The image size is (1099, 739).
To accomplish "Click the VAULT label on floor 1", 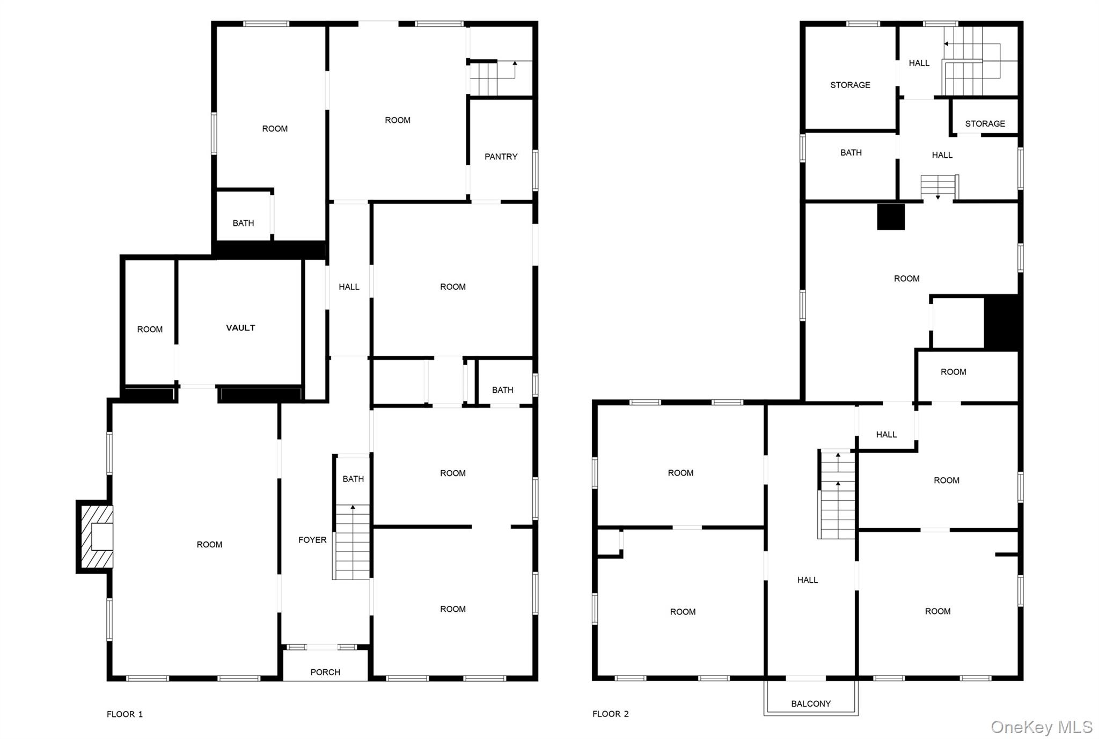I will click(240, 328).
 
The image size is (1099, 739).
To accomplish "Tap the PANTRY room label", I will click(501, 157).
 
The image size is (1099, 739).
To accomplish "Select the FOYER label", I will click(312, 540).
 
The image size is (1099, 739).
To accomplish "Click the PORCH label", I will click(325, 672).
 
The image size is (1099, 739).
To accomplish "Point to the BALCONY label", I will click(811, 704).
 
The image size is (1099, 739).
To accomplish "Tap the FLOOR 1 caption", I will click(124, 714).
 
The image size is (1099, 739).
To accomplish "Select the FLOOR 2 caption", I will click(610, 714).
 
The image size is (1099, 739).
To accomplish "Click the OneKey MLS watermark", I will click(1041, 727).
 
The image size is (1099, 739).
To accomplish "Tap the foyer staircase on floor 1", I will click(352, 542).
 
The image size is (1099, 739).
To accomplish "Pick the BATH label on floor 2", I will click(851, 153).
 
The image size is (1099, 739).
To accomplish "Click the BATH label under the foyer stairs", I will click(353, 479).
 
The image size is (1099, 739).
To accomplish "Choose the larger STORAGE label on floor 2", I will click(850, 85).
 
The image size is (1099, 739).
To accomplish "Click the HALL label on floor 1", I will click(349, 287).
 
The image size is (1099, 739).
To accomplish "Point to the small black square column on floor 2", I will click(891, 217).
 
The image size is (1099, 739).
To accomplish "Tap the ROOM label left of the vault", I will click(150, 330).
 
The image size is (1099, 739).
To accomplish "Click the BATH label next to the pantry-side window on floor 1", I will click(502, 390).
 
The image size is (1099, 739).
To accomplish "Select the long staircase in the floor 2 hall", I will click(837, 494).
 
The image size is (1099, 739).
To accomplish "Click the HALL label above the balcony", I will click(807, 580).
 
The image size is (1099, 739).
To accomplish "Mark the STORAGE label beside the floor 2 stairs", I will click(985, 123).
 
